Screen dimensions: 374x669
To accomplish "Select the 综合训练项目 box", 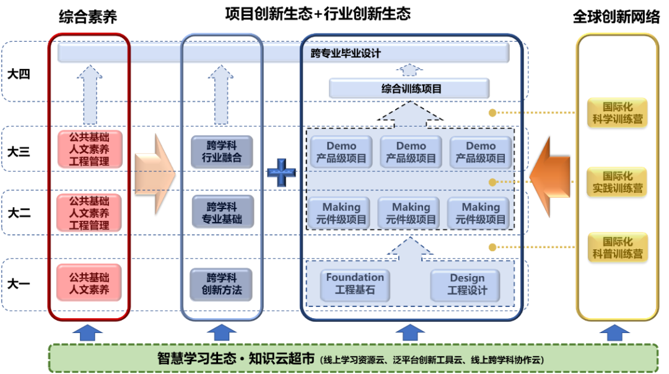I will tap(409, 89).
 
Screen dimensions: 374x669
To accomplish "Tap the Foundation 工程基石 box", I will tap(355, 284).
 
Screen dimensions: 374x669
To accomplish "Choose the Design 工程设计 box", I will tap(467, 284).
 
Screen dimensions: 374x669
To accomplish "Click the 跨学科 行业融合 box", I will tap(221, 152).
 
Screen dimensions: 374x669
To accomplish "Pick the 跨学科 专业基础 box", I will tap(221, 213).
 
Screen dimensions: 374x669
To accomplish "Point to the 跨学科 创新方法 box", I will tap(221, 284).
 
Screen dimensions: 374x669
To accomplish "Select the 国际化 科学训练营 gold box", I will tap(617, 112).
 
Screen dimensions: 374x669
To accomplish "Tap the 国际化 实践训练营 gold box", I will tap(617, 181).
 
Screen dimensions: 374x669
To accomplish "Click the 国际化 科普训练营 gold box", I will tap(617, 247).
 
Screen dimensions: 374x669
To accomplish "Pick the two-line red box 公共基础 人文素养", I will tap(89, 283).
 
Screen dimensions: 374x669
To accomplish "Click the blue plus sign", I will tap(282, 172).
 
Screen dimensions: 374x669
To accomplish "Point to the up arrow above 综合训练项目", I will tap(409, 69).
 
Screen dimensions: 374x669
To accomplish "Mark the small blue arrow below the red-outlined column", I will tap(88, 333).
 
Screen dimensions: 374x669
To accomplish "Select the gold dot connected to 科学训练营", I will tap(492, 113).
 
